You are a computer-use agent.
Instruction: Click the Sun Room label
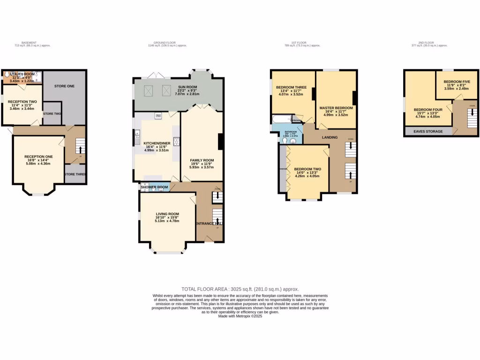point(187,87)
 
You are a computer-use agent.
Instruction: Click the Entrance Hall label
point(209,224)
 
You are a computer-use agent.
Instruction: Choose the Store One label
point(64,86)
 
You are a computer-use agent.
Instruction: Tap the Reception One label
point(38,157)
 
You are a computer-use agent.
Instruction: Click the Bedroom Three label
point(291,88)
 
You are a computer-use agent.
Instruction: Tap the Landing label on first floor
point(330,137)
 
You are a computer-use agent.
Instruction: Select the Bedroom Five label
point(457,82)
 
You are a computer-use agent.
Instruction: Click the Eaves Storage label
point(427,132)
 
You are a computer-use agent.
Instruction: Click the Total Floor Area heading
point(240,289)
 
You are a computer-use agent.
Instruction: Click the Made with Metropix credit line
point(240,316)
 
